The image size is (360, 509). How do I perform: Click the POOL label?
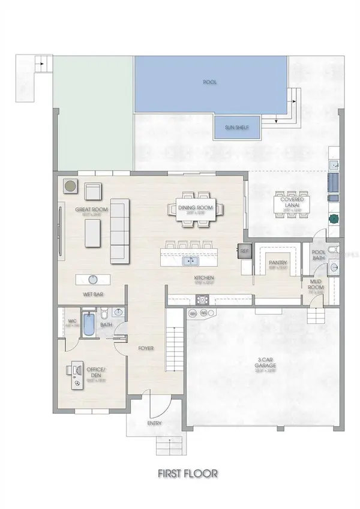(x=209, y=82)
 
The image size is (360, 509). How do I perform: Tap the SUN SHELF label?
(x=237, y=128)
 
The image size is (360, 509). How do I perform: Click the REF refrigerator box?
(x=244, y=252)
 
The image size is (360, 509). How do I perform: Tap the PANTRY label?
(x=277, y=263)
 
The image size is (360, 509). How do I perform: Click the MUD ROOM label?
(x=316, y=284)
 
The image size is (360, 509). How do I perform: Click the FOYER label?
(x=146, y=348)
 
